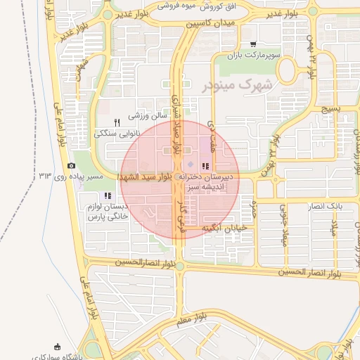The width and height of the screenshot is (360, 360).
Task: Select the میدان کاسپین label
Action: (x=210, y=24)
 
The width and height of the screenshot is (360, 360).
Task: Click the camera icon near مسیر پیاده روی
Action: (x=71, y=166)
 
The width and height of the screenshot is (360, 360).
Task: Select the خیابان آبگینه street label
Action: (x=222, y=229)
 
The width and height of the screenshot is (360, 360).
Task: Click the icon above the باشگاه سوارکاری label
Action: (x=58, y=347)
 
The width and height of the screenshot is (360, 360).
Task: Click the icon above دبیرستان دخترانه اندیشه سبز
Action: (x=205, y=166)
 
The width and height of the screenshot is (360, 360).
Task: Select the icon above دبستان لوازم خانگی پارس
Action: (x=107, y=195)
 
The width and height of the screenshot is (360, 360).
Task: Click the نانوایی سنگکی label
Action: (x=118, y=132)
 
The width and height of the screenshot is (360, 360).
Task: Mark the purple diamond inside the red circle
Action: (x=190, y=165)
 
